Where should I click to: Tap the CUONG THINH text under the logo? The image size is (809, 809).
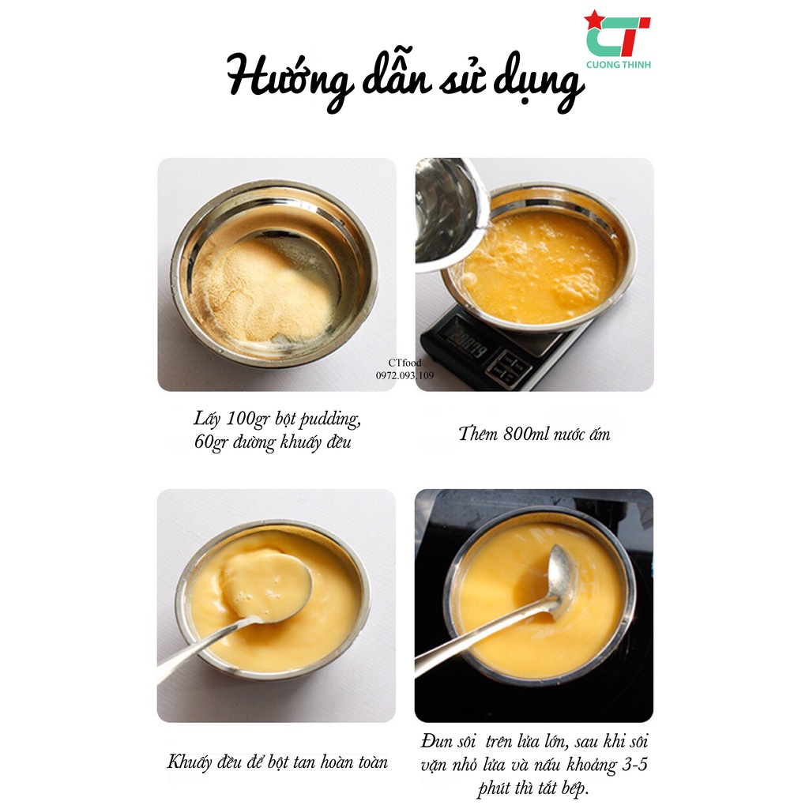[x=619, y=65]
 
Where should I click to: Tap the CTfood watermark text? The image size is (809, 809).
[x=405, y=363]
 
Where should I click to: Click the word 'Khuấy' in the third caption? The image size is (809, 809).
[x=190, y=762]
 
